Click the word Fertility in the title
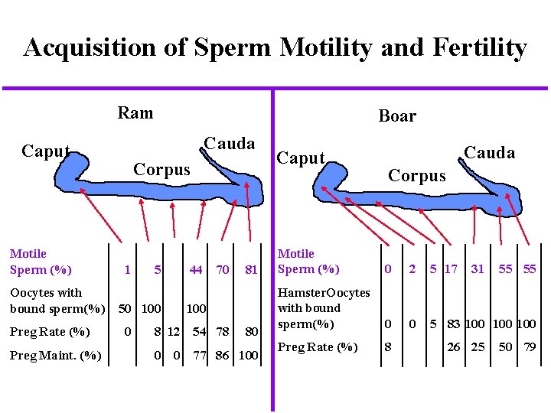[472, 48]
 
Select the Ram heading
[135, 113]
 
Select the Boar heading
[397, 116]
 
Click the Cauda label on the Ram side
[230, 144]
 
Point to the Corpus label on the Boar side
[416, 175]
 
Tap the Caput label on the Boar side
[301, 158]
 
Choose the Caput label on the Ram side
[46, 151]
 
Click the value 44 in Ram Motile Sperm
[196, 269]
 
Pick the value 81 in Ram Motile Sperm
[250, 269]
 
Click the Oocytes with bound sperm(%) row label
[57, 301]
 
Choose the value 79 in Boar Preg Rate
[528, 347]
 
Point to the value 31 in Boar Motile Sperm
[478, 268]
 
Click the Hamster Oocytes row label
[323, 307]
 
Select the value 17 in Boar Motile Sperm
[451, 268]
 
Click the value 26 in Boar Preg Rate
[454, 347]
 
